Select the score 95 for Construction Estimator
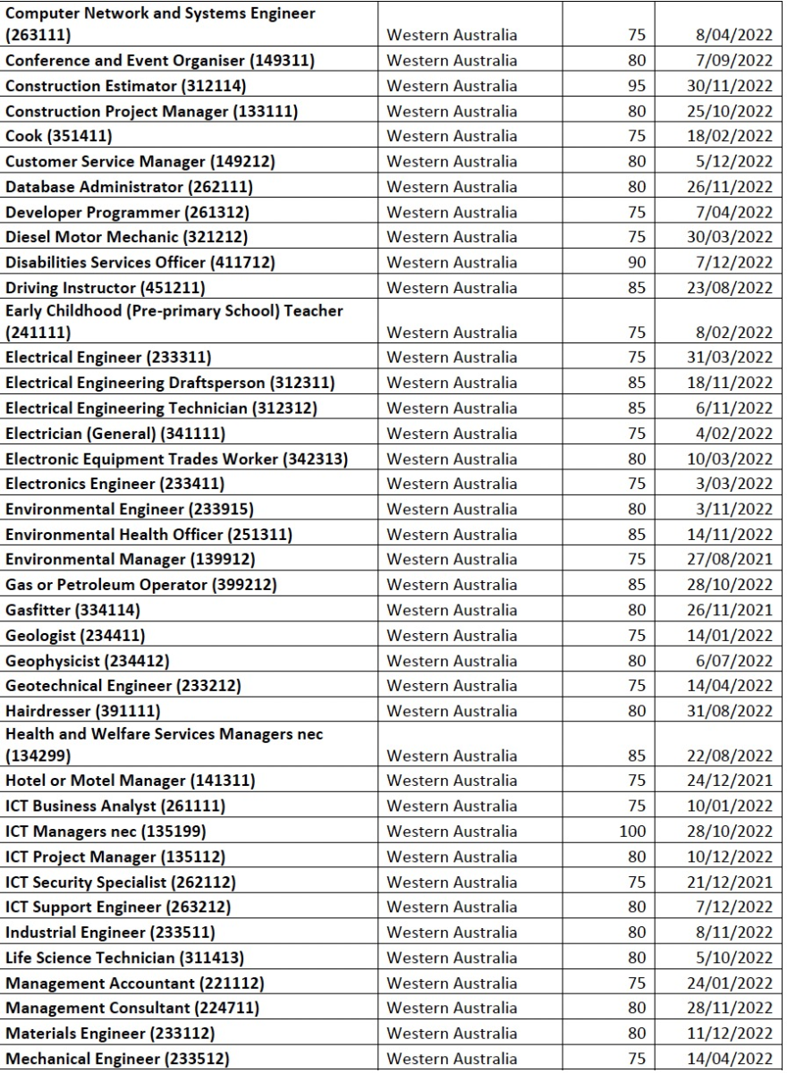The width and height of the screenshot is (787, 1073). (633, 87)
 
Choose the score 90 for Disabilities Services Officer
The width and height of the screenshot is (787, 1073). (633, 263)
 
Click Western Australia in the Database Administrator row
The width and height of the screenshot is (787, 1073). (452, 187)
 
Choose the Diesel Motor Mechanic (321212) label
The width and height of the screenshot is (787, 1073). (125, 237)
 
